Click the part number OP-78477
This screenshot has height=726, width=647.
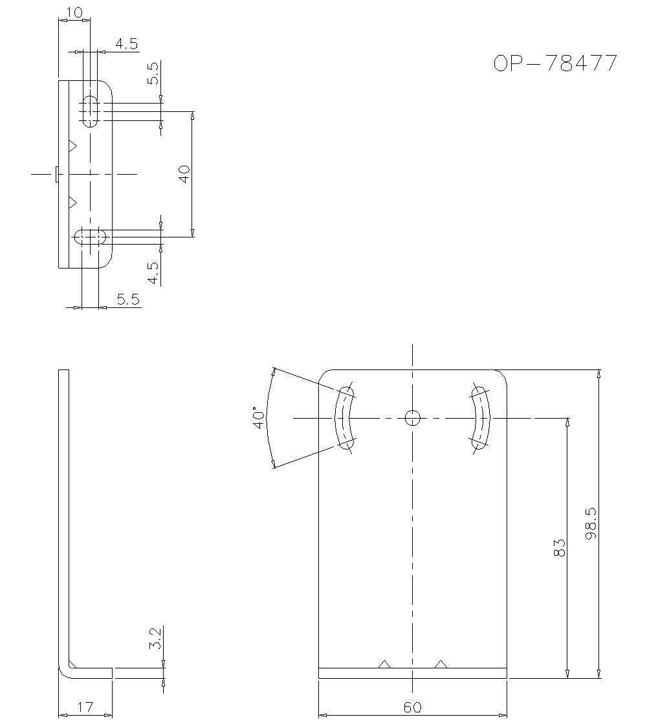(x=555, y=63)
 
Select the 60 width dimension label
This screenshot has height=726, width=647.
(x=412, y=707)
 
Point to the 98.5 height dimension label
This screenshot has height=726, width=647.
(x=589, y=523)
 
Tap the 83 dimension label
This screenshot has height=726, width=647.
(x=560, y=547)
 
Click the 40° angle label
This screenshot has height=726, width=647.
(x=259, y=418)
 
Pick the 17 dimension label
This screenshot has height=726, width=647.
(x=85, y=707)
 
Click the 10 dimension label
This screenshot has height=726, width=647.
(x=74, y=12)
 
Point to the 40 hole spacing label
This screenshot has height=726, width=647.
(x=184, y=173)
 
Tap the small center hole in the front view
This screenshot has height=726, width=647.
(x=413, y=418)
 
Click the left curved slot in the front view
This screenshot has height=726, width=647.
(x=344, y=418)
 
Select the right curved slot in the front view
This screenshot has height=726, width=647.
(x=481, y=418)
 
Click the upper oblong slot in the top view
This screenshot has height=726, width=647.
(x=91, y=111)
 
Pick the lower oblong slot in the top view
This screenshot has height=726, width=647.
(x=91, y=237)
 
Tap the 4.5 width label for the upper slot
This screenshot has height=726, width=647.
(x=126, y=44)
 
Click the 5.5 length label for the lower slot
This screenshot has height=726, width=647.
(x=127, y=299)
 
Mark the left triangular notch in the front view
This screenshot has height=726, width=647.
(x=384, y=664)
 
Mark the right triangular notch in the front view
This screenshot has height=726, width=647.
(x=441, y=664)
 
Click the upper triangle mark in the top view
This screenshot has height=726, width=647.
(x=72, y=146)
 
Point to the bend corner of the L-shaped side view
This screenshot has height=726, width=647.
(x=66, y=670)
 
